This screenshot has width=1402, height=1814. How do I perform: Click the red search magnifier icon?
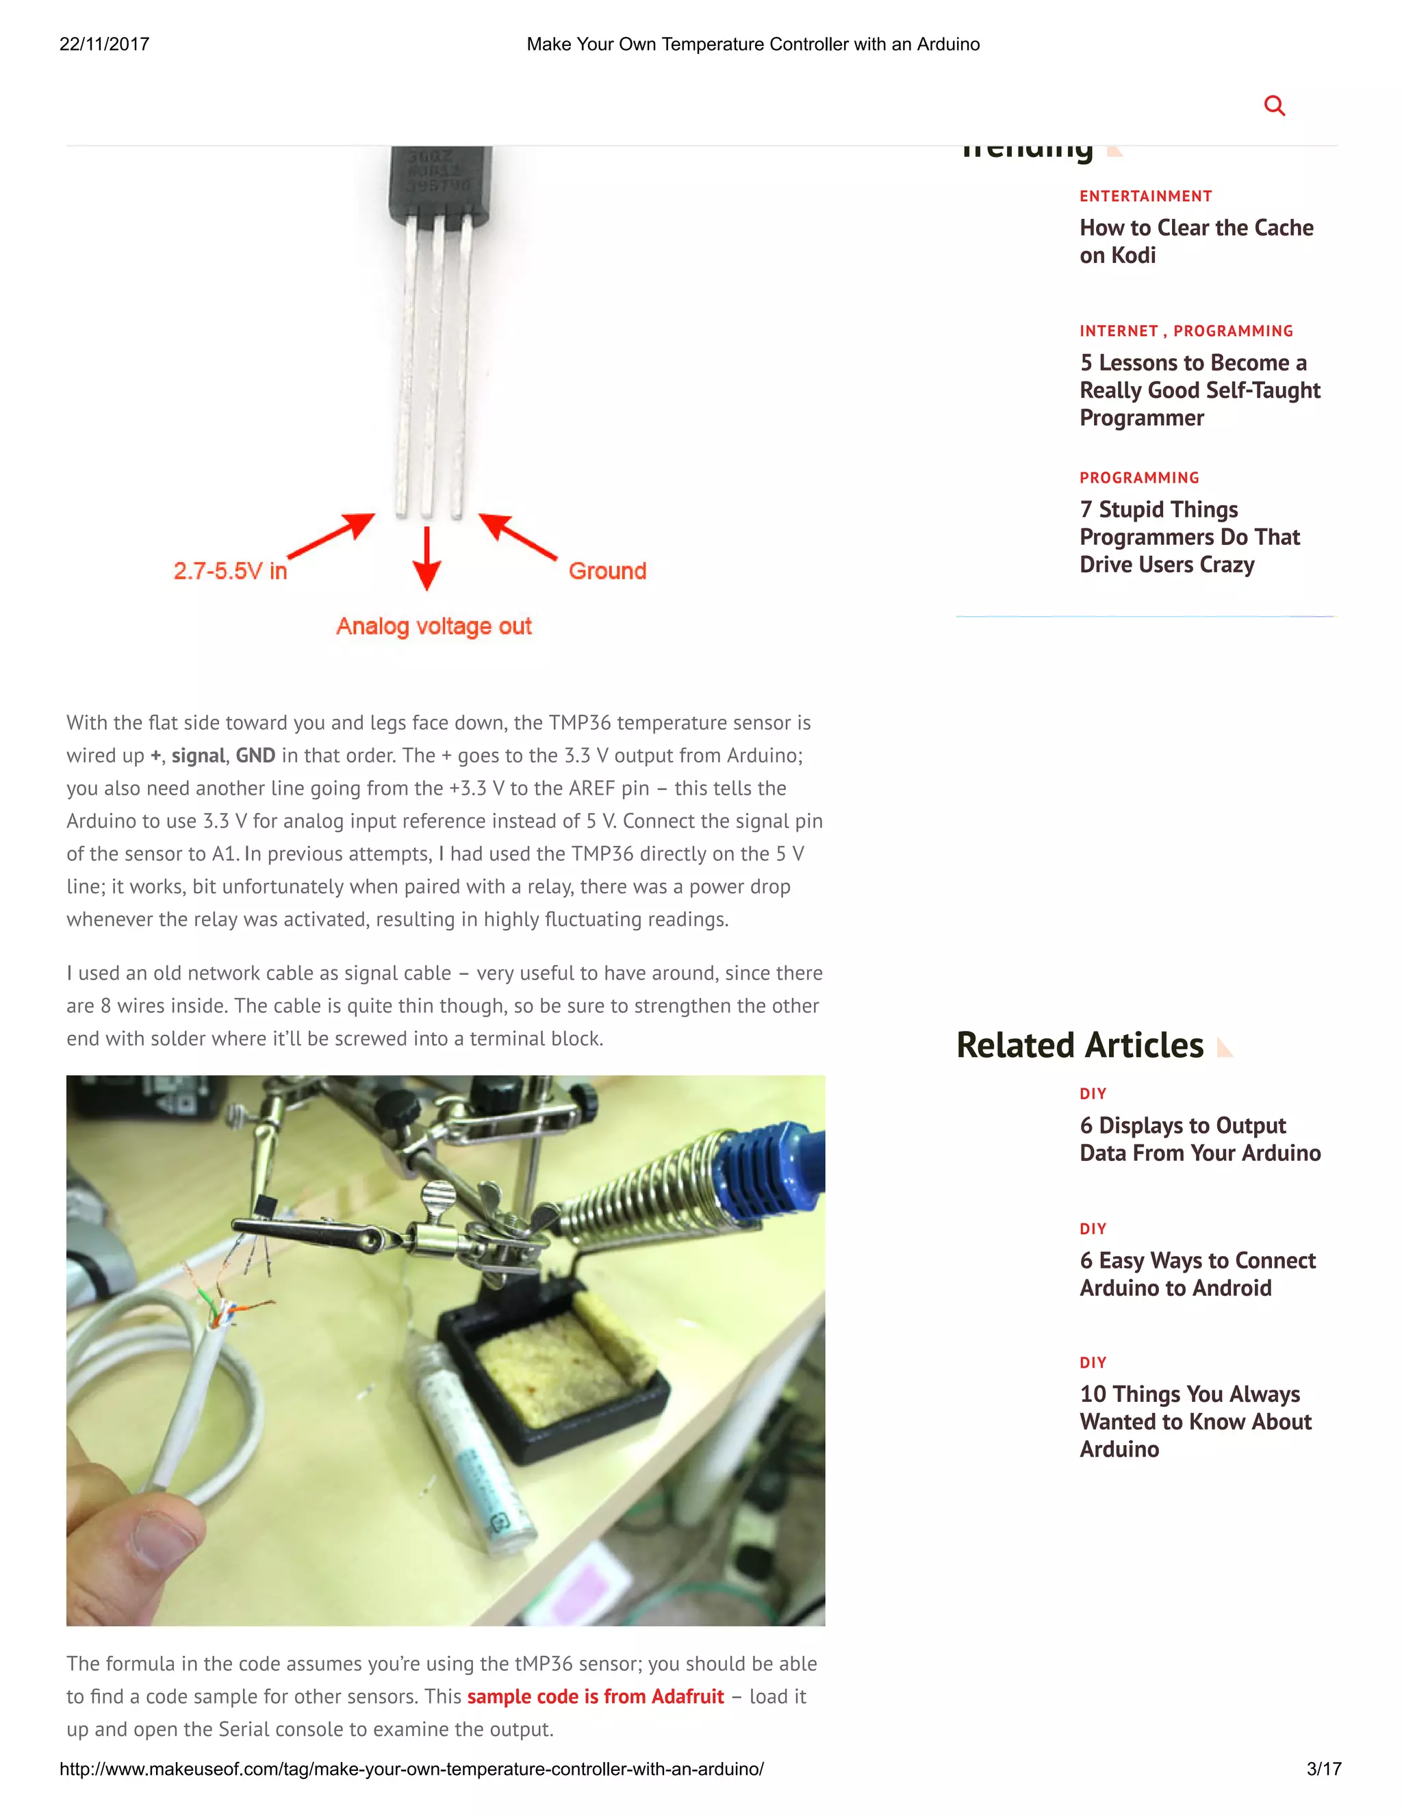[x=1274, y=105]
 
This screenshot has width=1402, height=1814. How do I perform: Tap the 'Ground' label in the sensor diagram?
[x=607, y=571]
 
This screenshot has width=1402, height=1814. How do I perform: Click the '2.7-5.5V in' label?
[x=230, y=571]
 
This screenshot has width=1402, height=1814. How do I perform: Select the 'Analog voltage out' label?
[x=433, y=626]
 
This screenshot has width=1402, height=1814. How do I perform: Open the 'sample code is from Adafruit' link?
[x=596, y=1696]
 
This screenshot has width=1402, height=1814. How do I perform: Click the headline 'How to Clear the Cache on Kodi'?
[x=1196, y=241]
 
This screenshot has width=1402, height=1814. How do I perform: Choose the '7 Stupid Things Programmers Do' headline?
[x=1189, y=537]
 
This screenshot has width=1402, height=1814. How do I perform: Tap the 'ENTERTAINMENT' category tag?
[x=1145, y=196]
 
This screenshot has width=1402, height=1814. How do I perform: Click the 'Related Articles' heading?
[x=1080, y=1045]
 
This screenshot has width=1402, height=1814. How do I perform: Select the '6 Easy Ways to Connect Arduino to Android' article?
[x=1197, y=1273]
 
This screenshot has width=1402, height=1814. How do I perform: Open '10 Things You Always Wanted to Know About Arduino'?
[x=1195, y=1421]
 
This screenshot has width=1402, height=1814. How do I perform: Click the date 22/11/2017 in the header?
[x=105, y=44]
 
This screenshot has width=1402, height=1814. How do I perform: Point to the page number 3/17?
[x=1323, y=1768]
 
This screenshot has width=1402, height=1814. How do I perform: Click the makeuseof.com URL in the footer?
[x=411, y=1768]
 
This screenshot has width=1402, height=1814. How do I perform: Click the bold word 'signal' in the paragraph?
[x=198, y=755]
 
